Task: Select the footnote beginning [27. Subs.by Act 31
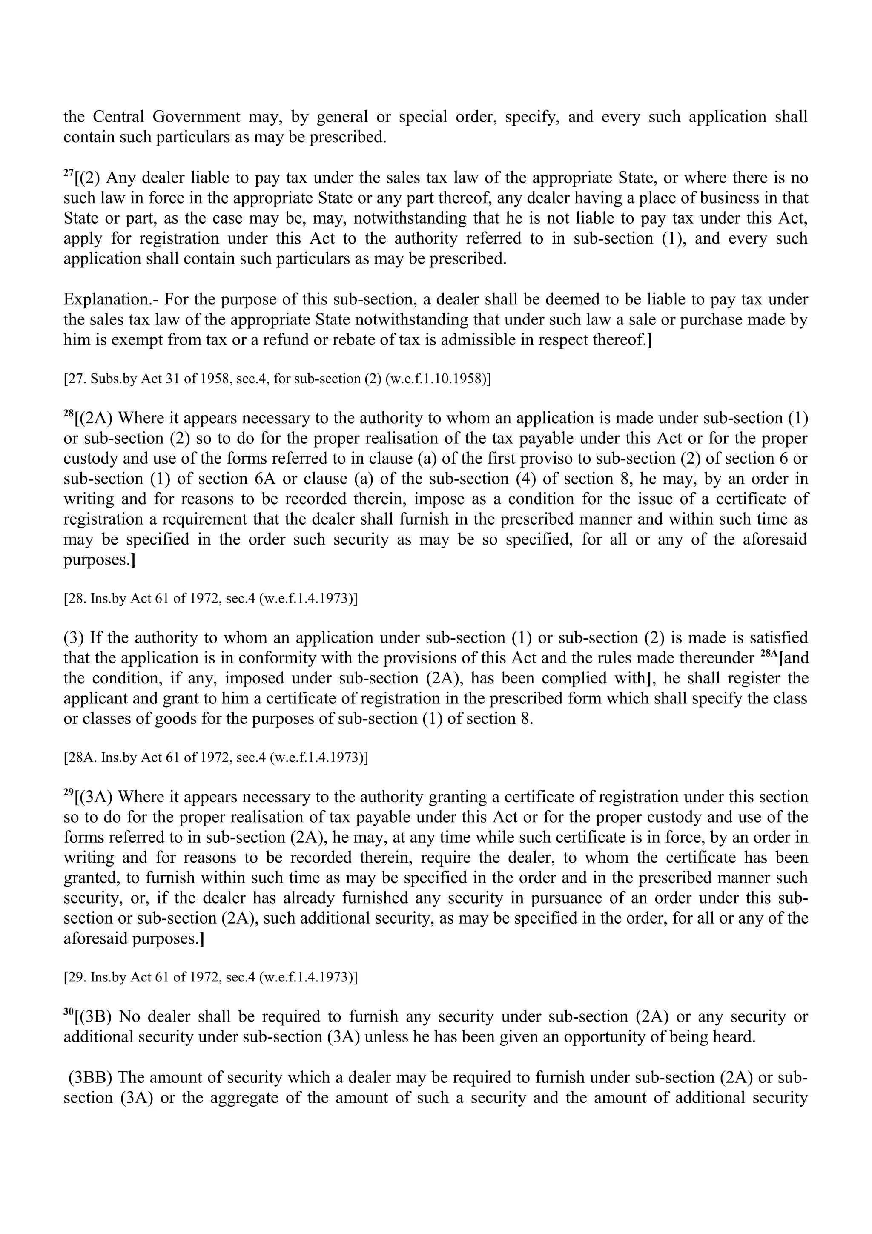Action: pos(277,379)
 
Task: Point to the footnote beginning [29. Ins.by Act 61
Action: pos(210,976)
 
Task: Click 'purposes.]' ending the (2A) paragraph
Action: pos(99,560)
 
